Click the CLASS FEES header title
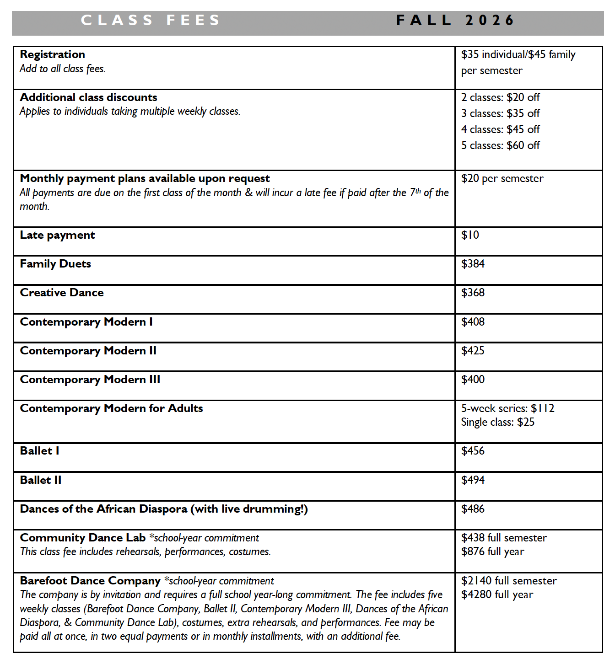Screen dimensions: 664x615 click(151, 21)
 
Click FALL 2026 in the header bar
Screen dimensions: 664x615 click(455, 21)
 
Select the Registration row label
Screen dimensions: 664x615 click(53, 54)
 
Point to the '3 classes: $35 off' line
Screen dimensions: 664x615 click(500, 113)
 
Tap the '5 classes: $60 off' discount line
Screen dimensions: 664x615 click(500, 145)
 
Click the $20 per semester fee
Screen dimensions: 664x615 click(502, 178)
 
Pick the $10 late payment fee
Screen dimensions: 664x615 click(470, 235)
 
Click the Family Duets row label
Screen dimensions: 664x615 click(55, 264)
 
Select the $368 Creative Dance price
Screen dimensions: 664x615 click(473, 293)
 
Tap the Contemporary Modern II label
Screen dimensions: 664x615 click(88, 351)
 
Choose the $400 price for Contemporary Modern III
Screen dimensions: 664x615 click(473, 380)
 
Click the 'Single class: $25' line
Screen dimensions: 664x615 click(497, 422)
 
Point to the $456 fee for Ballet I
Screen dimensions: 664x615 click(473, 451)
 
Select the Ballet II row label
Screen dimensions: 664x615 click(41, 480)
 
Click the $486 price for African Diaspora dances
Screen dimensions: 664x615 click(473, 509)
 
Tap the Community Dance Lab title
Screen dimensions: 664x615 click(83, 538)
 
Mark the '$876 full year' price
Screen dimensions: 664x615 click(492, 552)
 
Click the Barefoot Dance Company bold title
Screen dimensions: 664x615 click(90, 581)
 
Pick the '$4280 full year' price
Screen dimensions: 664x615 click(497, 594)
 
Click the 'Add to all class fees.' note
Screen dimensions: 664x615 click(63, 69)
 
